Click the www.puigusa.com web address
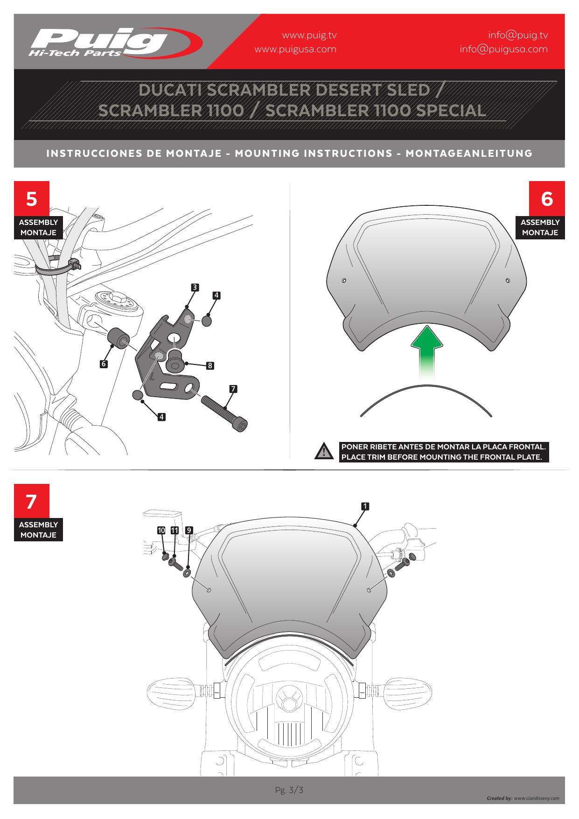[295, 49]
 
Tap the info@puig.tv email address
[518, 35]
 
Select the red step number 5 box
[31, 199]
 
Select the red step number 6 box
[547, 199]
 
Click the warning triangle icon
[323, 452]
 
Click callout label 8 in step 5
[210, 366]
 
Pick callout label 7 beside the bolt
[233, 388]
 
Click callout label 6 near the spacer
[104, 364]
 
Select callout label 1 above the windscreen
[365, 506]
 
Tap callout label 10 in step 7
[161, 530]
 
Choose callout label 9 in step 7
[189, 530]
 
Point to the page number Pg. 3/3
[289, 790]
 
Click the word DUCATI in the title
[170, 90]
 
